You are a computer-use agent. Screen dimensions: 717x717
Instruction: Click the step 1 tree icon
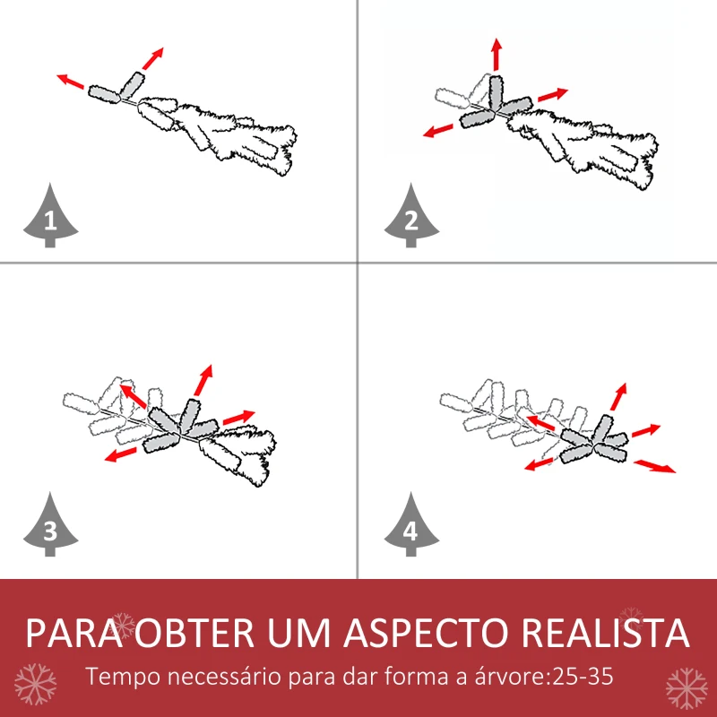coord(50,216)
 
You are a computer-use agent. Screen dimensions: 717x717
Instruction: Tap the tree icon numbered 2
coord(410,216)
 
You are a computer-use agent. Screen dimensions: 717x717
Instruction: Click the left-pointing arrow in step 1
coord(72,83)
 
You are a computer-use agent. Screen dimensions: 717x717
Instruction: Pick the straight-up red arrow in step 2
coord(496,56)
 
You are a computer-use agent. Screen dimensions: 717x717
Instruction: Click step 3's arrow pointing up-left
coord(133,397)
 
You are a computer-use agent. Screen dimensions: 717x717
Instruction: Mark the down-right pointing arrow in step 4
coord(655,466)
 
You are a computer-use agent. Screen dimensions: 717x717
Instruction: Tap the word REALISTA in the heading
coord(606,633)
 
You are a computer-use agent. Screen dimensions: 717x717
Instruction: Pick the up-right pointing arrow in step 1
coord(153,57)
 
